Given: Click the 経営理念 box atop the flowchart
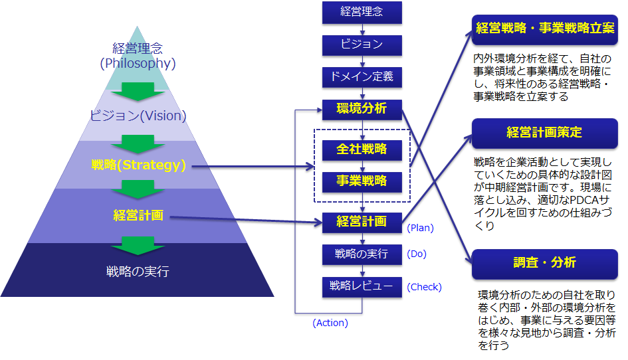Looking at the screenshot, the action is [x=362, y=12].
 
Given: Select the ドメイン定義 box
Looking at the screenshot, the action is [x=362, y=77].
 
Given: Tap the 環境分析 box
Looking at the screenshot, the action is [x=362, y=110].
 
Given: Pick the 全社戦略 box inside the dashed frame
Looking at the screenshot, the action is [x=362, y=149].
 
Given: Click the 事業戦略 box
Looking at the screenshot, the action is [x=362, y=182].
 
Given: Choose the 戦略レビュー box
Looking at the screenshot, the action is [x=362, y=287].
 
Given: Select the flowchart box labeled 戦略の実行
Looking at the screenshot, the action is [x=362, y=254].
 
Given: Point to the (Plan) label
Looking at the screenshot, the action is [x=420, y=228].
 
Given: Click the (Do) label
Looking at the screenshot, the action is [x=417, y=254].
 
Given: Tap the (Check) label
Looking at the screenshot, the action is [x=424, y=287].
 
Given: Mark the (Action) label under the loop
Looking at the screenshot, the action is [x=330, y=323].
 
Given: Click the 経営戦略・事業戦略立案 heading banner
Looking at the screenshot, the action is [x=545, y=29].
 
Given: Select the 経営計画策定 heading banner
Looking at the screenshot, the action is [x=545, y=134].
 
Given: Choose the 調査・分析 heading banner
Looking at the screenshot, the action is [x=545, y=264].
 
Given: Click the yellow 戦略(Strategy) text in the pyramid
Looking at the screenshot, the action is [x=139, y=165].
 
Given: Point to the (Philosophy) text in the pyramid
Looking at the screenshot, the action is [x=138, y=63].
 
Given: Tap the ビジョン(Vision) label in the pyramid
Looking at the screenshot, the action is [x=138, y=116].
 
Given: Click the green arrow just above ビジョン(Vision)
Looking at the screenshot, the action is [x=138, y=92].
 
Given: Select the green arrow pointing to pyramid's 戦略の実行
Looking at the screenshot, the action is [x=138, y=246].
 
